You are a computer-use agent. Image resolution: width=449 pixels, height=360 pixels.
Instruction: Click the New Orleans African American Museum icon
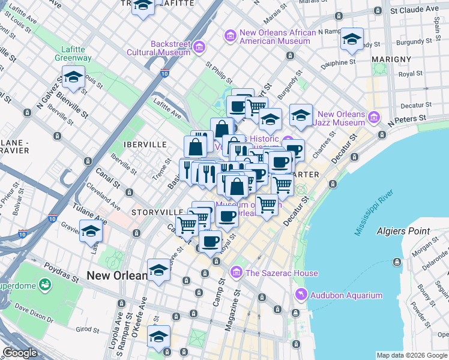click(230, 37)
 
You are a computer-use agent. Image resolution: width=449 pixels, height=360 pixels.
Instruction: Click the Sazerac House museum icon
click(236, 274)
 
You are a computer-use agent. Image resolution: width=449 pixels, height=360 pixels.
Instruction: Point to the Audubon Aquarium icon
click(301, 295)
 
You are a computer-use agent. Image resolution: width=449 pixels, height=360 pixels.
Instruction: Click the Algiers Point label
click(403, 231)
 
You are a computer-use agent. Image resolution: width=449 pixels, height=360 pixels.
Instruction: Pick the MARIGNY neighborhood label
click(391, 59)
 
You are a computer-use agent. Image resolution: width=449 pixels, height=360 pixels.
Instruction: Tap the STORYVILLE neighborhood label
click(157, 212)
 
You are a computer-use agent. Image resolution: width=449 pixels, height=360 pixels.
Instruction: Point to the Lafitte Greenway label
click(76, 53)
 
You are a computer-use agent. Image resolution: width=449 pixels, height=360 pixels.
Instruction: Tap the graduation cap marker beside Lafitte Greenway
click(73, 78)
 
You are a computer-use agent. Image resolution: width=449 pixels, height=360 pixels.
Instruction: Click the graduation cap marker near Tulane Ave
click(91, 230)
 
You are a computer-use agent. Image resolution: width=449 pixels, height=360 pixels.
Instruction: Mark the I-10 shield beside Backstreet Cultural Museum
click(164, 73)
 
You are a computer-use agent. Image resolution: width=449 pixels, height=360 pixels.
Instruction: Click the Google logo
click(20, 353)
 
